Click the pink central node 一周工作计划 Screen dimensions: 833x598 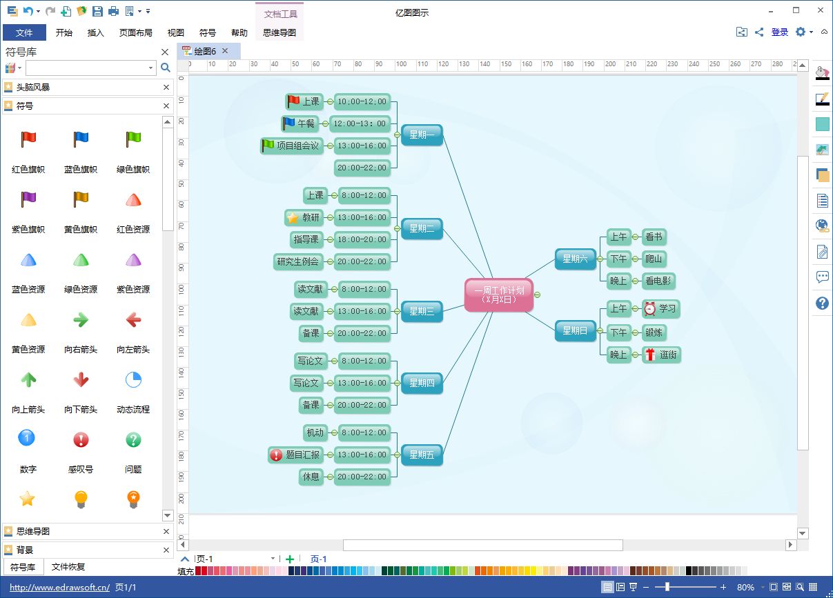(499, 295)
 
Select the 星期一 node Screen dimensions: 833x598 (422, 134)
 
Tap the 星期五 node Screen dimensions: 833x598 (422, 455)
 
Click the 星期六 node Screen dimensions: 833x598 (575, 259)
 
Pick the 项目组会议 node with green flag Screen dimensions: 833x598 (291, 146)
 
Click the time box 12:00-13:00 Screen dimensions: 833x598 (360, 123)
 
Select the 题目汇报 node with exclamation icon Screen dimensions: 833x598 (295, 455)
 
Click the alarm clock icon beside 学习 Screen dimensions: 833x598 (650, 308)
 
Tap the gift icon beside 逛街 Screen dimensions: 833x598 (650, 355)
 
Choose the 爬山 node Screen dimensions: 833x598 (654, 259)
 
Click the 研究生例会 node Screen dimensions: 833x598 (298, 261)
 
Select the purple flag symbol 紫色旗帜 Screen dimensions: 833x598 (28, 199)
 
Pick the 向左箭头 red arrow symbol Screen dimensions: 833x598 (133, 319)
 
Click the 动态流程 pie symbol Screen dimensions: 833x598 (133, 380)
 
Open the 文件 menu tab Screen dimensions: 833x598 (24, 32)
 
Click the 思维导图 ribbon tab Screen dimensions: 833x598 (280, 32)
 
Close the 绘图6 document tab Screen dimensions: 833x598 (225, 50)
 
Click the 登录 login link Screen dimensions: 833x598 (779, 32)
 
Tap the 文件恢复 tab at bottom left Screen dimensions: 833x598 (68, 567)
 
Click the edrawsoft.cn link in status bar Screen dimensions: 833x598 (59, 587)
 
